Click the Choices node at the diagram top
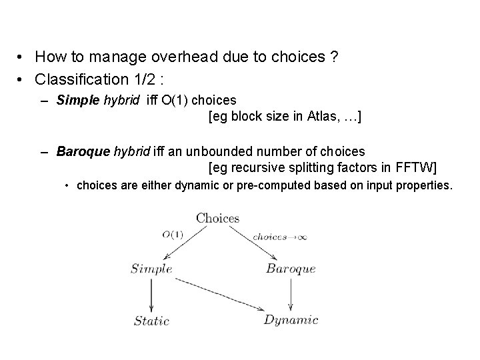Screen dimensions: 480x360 tap(217, 218)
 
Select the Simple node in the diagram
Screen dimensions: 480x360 tap(151, 269)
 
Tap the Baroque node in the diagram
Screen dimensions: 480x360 tap(291, 269)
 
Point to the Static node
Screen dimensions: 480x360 tap(152, 321)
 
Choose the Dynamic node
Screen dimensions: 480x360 tap(291, 321)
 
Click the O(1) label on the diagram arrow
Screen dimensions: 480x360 tap(173, 234)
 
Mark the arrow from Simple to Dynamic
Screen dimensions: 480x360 tap(213, 296)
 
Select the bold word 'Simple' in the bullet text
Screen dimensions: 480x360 tap(75, 100)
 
